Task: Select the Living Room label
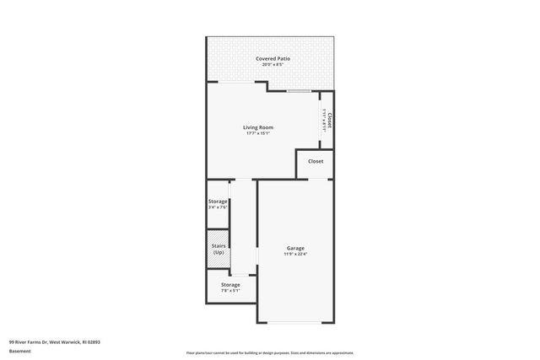pos(259,127)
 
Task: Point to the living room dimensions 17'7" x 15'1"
pos(259,133)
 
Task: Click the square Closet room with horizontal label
pos(315,162)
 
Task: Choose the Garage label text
pos(295,248)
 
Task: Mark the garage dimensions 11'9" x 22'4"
pos(295,254)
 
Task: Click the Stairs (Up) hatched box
pos(218,250)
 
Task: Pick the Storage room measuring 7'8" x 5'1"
pos(230,287)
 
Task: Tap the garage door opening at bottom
pos(295,322)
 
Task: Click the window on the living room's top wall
pos(298,90)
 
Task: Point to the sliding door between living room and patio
pos(237,82)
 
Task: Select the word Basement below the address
pos(20,351)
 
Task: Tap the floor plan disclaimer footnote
pos(270,352)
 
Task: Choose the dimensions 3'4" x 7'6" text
pos(218,207)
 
